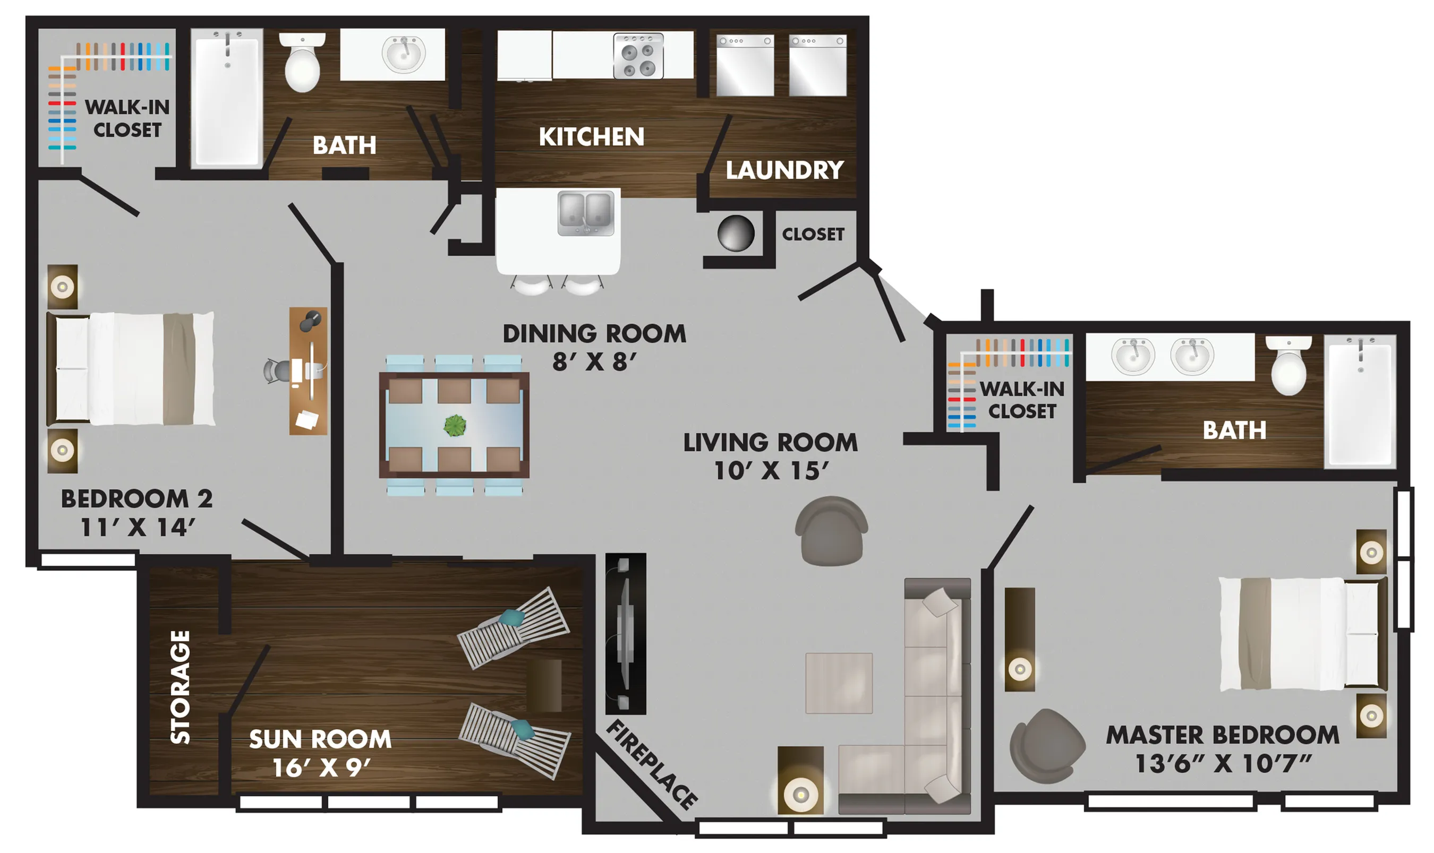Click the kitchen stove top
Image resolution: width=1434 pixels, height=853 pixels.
point(638,55)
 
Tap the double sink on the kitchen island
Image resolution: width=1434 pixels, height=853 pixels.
point(586,214)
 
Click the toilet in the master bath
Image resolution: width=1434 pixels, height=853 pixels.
point(1288,366)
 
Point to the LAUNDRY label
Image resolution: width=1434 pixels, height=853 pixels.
point(784,170)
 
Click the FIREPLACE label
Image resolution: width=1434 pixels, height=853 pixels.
point(652,764)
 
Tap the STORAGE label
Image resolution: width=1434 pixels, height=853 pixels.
point(180,687)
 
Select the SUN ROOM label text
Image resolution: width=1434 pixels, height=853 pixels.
point(320,739)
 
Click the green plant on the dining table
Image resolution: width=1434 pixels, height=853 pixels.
point(455,425)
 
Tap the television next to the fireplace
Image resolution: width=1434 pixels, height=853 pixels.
point(626,633)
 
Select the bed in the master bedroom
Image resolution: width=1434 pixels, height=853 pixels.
point(1303,633)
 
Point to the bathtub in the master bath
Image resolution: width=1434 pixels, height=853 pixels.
point(1360,401)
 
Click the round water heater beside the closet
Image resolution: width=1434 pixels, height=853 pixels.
point(736,234)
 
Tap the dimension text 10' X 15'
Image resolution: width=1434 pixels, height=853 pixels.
point(771,471)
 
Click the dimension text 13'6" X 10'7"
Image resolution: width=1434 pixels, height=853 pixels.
point(1223,763)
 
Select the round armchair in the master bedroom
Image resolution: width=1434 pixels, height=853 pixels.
point(1047,746)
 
